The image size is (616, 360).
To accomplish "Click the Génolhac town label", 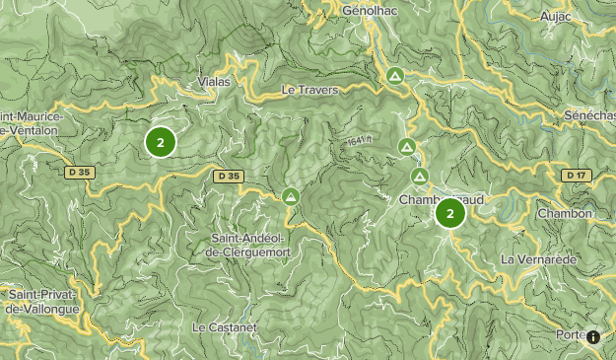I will (x=368, y=11).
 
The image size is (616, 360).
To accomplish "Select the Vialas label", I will (x=213, y=82).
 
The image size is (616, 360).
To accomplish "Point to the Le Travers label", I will (x=309, y=90).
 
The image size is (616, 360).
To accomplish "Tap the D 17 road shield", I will (x=576, y=175).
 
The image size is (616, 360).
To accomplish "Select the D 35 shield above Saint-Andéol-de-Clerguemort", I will (x=228, y=176).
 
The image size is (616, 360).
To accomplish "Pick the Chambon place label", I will (x=565, y=213).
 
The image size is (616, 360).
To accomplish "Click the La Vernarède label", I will (x=537, y=259).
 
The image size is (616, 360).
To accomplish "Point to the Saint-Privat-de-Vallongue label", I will (x=40, y=302).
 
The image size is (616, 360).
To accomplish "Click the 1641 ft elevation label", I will (x=360, y=142).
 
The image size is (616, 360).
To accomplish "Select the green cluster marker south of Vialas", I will (x=160, y=141).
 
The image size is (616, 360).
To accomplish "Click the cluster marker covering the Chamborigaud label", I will (x=450, y=213).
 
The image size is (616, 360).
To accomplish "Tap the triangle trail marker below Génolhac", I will (x=394, y=75).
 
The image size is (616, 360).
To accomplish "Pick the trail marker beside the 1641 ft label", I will (x=406, y=147).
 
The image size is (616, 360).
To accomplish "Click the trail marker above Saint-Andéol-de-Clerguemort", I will (x=291, y=196).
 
